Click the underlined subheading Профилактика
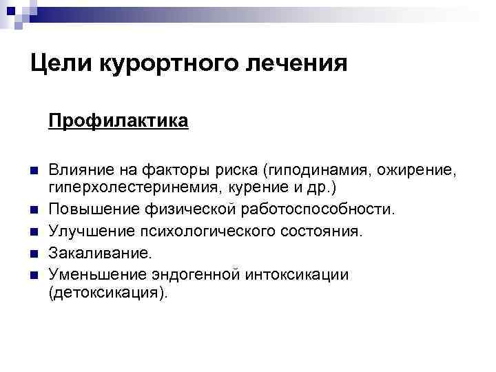pyautogui.click(x=118, y=122)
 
